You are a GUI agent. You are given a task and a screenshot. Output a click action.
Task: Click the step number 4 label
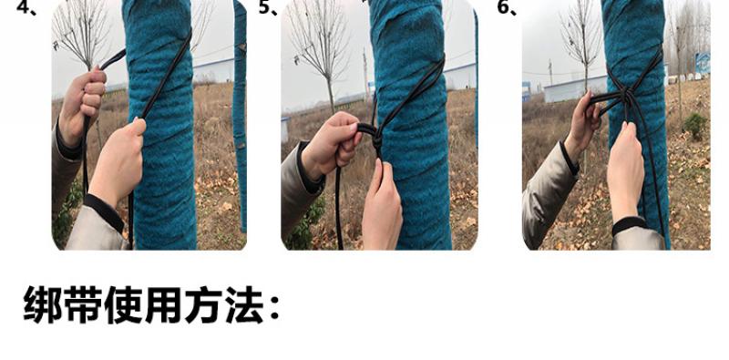26,7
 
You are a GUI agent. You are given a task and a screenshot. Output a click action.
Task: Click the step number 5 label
268,7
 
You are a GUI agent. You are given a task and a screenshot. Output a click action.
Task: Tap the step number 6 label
507,7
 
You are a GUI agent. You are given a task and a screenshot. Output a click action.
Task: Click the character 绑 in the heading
43,304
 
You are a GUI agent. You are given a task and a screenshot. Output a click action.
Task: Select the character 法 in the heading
244,304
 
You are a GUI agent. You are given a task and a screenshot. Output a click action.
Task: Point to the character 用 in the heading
164,304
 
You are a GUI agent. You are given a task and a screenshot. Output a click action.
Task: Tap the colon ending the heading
274,307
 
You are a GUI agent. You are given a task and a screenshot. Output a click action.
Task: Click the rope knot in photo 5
375,136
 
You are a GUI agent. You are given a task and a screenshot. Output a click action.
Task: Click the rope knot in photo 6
625,97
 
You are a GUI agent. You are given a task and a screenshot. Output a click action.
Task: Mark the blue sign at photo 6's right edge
703,63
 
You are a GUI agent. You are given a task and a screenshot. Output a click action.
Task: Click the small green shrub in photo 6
695,126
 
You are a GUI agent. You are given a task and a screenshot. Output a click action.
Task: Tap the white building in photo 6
576,88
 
